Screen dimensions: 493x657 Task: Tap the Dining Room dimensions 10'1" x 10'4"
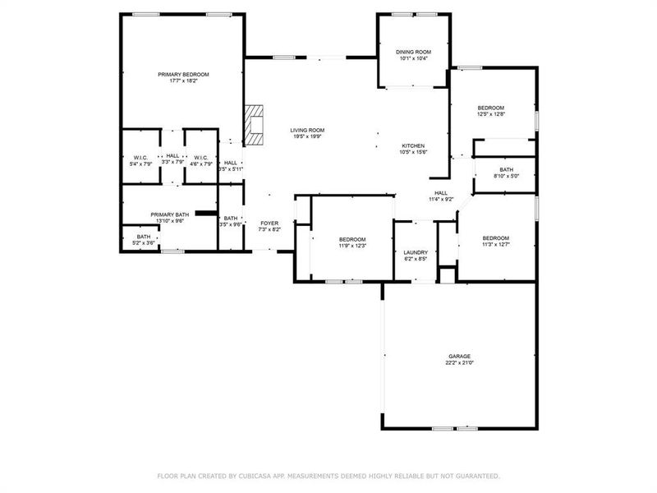[413, 58]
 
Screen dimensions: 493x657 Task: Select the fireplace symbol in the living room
[255, 126]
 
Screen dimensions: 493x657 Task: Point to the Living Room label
[307, 130]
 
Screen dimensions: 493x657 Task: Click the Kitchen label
[413, 145]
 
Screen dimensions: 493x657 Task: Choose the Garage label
[459, 356]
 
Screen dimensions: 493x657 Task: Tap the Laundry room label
[416, 252]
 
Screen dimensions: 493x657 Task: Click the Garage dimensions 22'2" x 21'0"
[459, 362]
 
